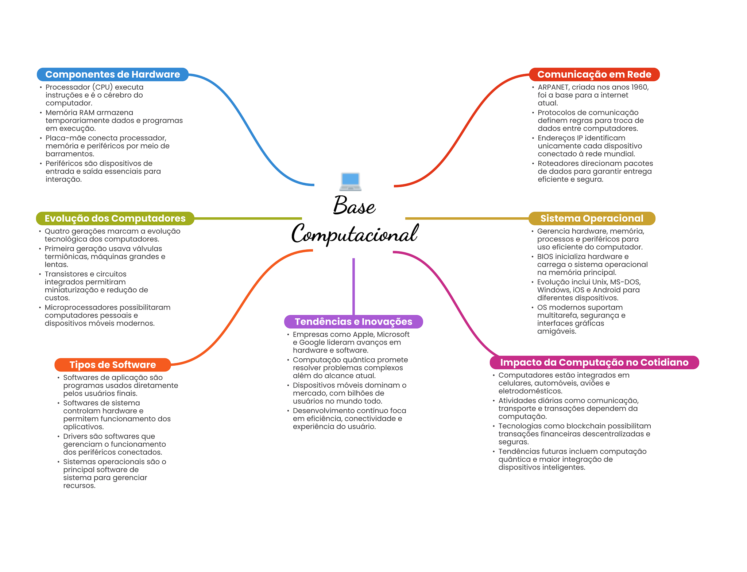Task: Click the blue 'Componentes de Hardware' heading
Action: [x=113, y=74]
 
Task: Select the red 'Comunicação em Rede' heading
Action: [x=594, y=74]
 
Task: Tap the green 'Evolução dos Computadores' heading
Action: [x=115, y=218]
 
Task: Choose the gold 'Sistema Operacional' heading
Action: [x=592, y=218]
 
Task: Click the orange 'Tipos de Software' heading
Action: [x=113, y=365]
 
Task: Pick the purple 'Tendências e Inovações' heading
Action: [x=353, y=322]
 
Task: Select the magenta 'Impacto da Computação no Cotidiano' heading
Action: [x=594, y=362]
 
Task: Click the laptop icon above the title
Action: [x=350, y=182]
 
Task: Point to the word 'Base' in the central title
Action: [x=354, y=205]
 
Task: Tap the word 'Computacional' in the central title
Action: [x=355, y=233]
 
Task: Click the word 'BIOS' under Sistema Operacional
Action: [x=545, y=257]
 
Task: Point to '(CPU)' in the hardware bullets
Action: [x=102, y=87]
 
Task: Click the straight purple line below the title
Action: [x=353, y=287]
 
